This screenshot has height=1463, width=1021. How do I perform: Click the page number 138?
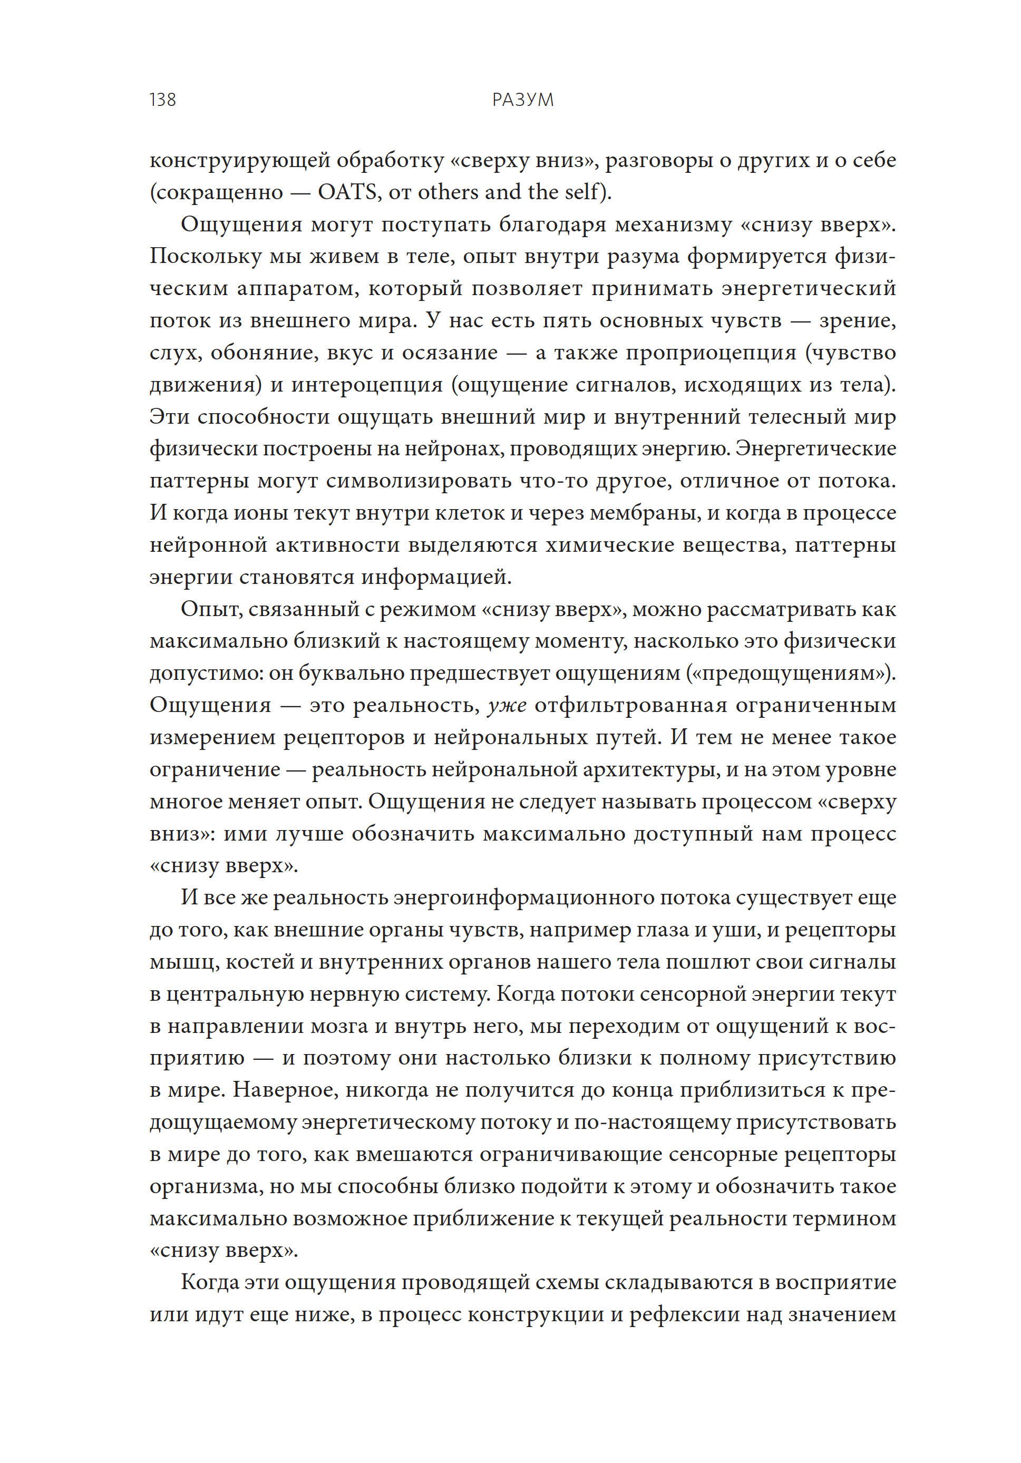point(162,100)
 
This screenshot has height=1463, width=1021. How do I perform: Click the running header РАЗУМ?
point(522,100)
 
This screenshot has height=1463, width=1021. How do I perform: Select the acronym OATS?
point(347,192)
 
